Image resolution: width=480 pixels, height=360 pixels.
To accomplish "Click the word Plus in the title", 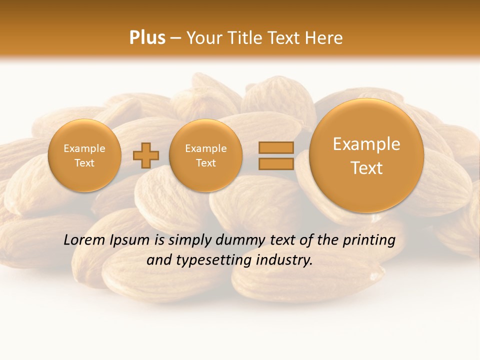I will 147,38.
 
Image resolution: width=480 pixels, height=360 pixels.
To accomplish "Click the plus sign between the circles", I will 145,155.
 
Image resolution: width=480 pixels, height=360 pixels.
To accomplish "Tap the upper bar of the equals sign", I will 275,147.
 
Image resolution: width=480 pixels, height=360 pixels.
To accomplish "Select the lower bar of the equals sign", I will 275,164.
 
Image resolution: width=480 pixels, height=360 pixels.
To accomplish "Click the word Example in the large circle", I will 366,144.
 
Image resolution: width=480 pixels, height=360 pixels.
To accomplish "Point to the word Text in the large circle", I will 366,168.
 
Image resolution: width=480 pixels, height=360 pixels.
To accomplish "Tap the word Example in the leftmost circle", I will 84,148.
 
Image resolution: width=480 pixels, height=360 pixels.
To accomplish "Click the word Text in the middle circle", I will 205,163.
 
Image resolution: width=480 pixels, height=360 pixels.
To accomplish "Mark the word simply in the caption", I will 190,240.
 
